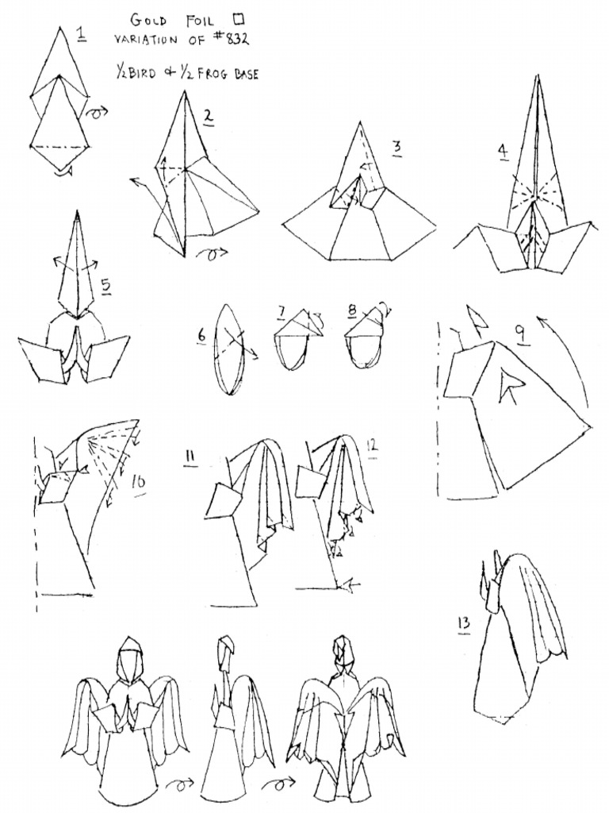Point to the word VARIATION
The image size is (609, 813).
147,40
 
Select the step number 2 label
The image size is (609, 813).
209,118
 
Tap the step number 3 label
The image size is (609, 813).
396,148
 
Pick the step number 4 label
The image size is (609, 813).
502,152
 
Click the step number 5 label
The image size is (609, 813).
106,287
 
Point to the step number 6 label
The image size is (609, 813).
201,336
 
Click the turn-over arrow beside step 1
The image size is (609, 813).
97,111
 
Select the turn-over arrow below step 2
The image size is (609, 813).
213,255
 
